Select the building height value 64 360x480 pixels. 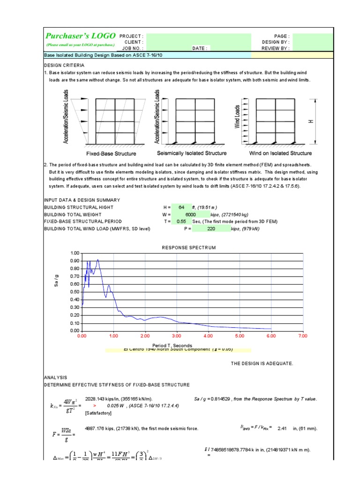click(x=181, y=208)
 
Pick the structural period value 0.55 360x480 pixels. click(x=181, y=221)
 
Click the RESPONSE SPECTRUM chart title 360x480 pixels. click(x=189, y=247)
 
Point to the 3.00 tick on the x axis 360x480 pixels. click(x=176, y=336)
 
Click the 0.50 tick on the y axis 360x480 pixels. click(x=75, y=292)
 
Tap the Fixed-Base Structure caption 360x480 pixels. click(x=111, y=154)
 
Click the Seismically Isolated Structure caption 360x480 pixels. click(x=191, y=153)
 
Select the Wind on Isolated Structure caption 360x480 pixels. click(x=280, y=153)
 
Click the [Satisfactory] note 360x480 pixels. click(x=99, y=414)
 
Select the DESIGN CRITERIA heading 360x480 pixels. click(x=64, y=66)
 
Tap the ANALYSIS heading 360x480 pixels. click(x=55, y=377)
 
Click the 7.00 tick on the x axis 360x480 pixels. click(x=302, y=336)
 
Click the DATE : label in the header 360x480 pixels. click(x=199, y=48)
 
